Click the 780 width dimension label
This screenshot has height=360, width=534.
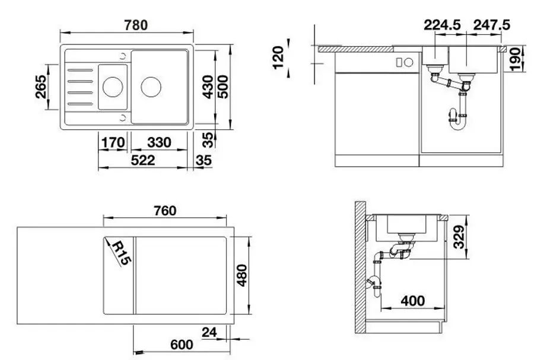136,25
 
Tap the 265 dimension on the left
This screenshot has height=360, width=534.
41,87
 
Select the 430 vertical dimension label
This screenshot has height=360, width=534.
208,87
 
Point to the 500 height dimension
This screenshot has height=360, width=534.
223,87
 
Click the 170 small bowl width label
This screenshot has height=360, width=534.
113,142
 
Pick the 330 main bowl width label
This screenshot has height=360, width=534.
159,142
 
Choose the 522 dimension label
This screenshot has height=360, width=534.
143,160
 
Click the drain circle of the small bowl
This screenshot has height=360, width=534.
113,87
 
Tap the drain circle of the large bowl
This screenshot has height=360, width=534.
151,87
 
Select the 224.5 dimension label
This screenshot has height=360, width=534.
442,25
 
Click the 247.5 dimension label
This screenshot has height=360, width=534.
492,25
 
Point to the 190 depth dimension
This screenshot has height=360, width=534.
516,59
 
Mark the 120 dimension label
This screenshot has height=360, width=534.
278,58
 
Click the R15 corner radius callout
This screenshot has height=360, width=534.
120,253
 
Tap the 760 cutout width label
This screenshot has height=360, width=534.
165,211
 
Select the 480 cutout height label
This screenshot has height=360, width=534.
241,276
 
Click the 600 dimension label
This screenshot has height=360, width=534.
182,345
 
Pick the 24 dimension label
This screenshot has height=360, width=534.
209,332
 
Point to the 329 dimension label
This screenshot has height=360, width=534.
459,237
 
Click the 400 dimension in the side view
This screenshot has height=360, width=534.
413,301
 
